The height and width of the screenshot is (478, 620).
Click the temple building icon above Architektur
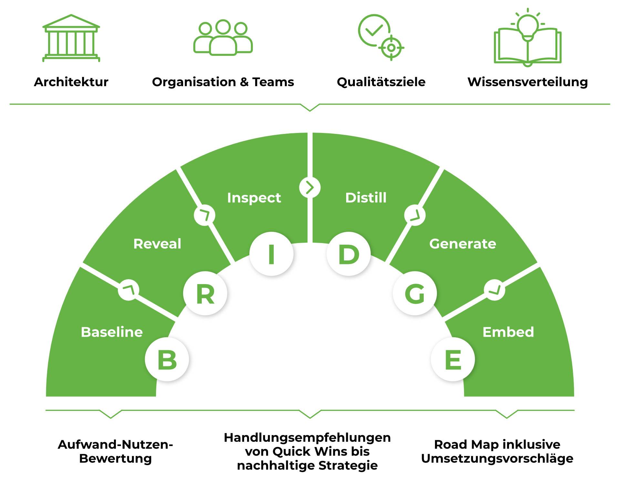[x=71, y=38]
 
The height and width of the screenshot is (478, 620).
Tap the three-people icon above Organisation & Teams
[x=223, y=38]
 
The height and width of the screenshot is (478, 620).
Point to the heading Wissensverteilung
[x=527, y=82]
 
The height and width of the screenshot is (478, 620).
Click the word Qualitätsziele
[x=381, y=82]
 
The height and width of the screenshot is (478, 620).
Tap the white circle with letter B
[x=167, y=359]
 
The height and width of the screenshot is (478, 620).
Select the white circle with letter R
[x=205, y=293]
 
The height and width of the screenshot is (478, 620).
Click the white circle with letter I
[x=271, y=254]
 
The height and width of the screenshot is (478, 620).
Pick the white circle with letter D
[x=348, y=254]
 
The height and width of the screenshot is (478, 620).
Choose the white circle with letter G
[x=415, y=293]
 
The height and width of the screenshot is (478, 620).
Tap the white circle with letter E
[x=453, y=359]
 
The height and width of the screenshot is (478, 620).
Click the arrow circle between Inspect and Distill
[x=310, y=187]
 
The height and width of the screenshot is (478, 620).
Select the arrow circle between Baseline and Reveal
[x=129, y=290]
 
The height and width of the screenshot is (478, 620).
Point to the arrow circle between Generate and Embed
[x=494, y=290]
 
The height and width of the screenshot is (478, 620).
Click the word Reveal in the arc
[x=157, y=244]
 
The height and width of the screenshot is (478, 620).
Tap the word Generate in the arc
[x=462, y=244]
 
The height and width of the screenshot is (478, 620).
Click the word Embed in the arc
[x=508, y=332]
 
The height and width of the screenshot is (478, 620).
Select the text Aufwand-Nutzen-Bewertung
[x=115, y=452]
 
